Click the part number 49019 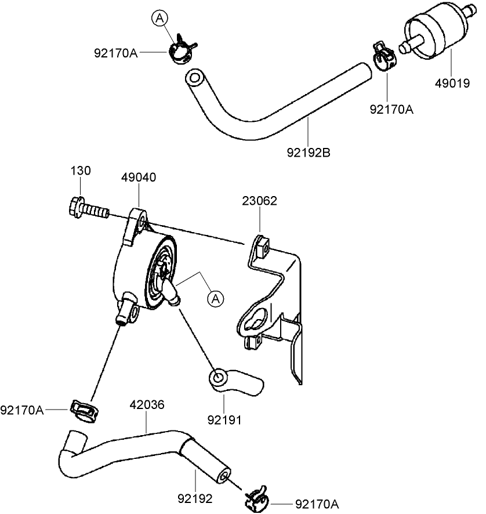tap(452, 83)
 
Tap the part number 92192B tap(308, 154)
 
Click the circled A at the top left tap(160, 19)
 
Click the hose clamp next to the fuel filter tap(383, 55)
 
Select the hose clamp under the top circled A tap(181, 49)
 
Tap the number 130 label tap(81, 171)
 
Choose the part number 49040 tap(139, 178)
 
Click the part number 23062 tap(259, 201)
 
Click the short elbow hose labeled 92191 tap(234, 381)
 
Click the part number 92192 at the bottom tap(195, 498)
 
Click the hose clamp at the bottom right tap(256, 499)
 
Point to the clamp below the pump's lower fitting tap(84, 409)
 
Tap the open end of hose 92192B tap(194, 78)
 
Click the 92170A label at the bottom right tap(317, 505)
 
